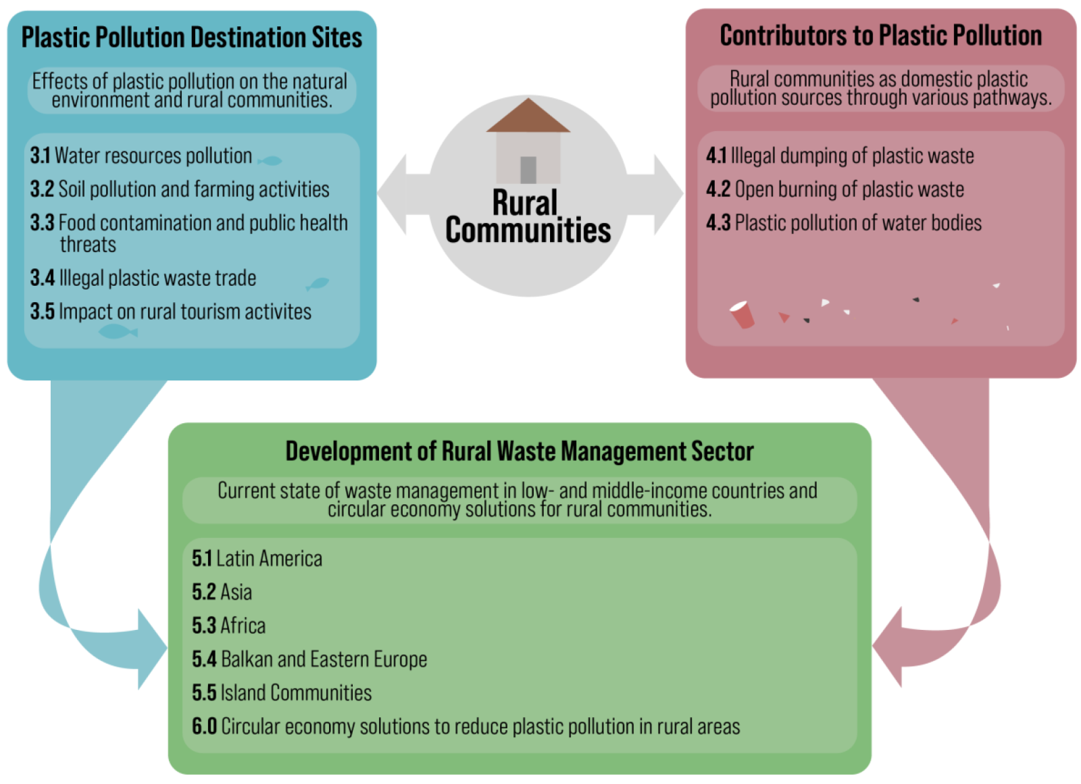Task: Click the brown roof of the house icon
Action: (x=528, y=118)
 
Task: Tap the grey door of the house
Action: (x=528, y=170)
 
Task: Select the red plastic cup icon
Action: (x=742, y=314)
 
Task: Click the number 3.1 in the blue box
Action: (x=40, y=155)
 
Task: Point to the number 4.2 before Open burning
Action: (x=718, y=189)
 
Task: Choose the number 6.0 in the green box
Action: (x=204, y=726)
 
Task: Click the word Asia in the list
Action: (x=236, y=592)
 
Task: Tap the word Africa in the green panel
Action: (x=243, y=626)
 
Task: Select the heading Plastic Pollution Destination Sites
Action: (x=192, y=38)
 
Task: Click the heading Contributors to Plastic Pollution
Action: (x=880, y=36)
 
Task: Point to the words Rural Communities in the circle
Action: (x=528, y=216)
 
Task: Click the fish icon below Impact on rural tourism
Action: (x=118, y=331)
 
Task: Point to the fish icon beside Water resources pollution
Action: (x=270, y=160)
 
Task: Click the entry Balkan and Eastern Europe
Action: (x=324, y=659)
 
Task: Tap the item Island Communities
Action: (x=296, y=693)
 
